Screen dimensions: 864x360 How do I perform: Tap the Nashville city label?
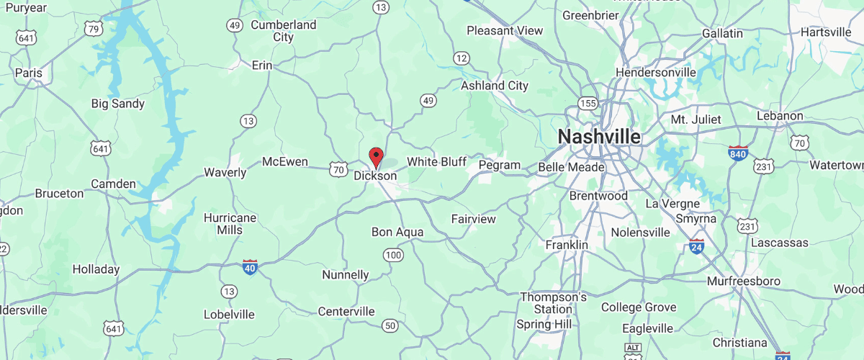click(599, 137)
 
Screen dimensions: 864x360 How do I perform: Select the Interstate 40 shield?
click(250, 267)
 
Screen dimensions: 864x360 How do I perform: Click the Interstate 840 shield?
click(738, 153)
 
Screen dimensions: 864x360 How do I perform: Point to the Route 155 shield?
click(588, 104)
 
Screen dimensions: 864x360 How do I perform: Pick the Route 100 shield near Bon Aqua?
click(393, 255)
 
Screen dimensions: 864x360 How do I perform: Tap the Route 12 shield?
click(462, 58)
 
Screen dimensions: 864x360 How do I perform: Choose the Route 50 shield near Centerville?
click(390, 326)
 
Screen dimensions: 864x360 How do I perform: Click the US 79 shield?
click(92, 29)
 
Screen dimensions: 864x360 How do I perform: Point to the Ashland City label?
click(495, 86)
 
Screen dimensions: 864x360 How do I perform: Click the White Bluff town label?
click(436, 161)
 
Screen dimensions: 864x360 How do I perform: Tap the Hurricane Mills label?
click(230, 223)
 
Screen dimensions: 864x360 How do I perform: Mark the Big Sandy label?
click(118, 104)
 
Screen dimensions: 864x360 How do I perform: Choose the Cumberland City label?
click(283, 31)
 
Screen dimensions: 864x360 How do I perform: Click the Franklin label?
click(567, 245)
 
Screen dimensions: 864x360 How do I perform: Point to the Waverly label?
click(225, 172)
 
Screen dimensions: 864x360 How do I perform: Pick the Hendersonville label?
click(656, 73)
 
